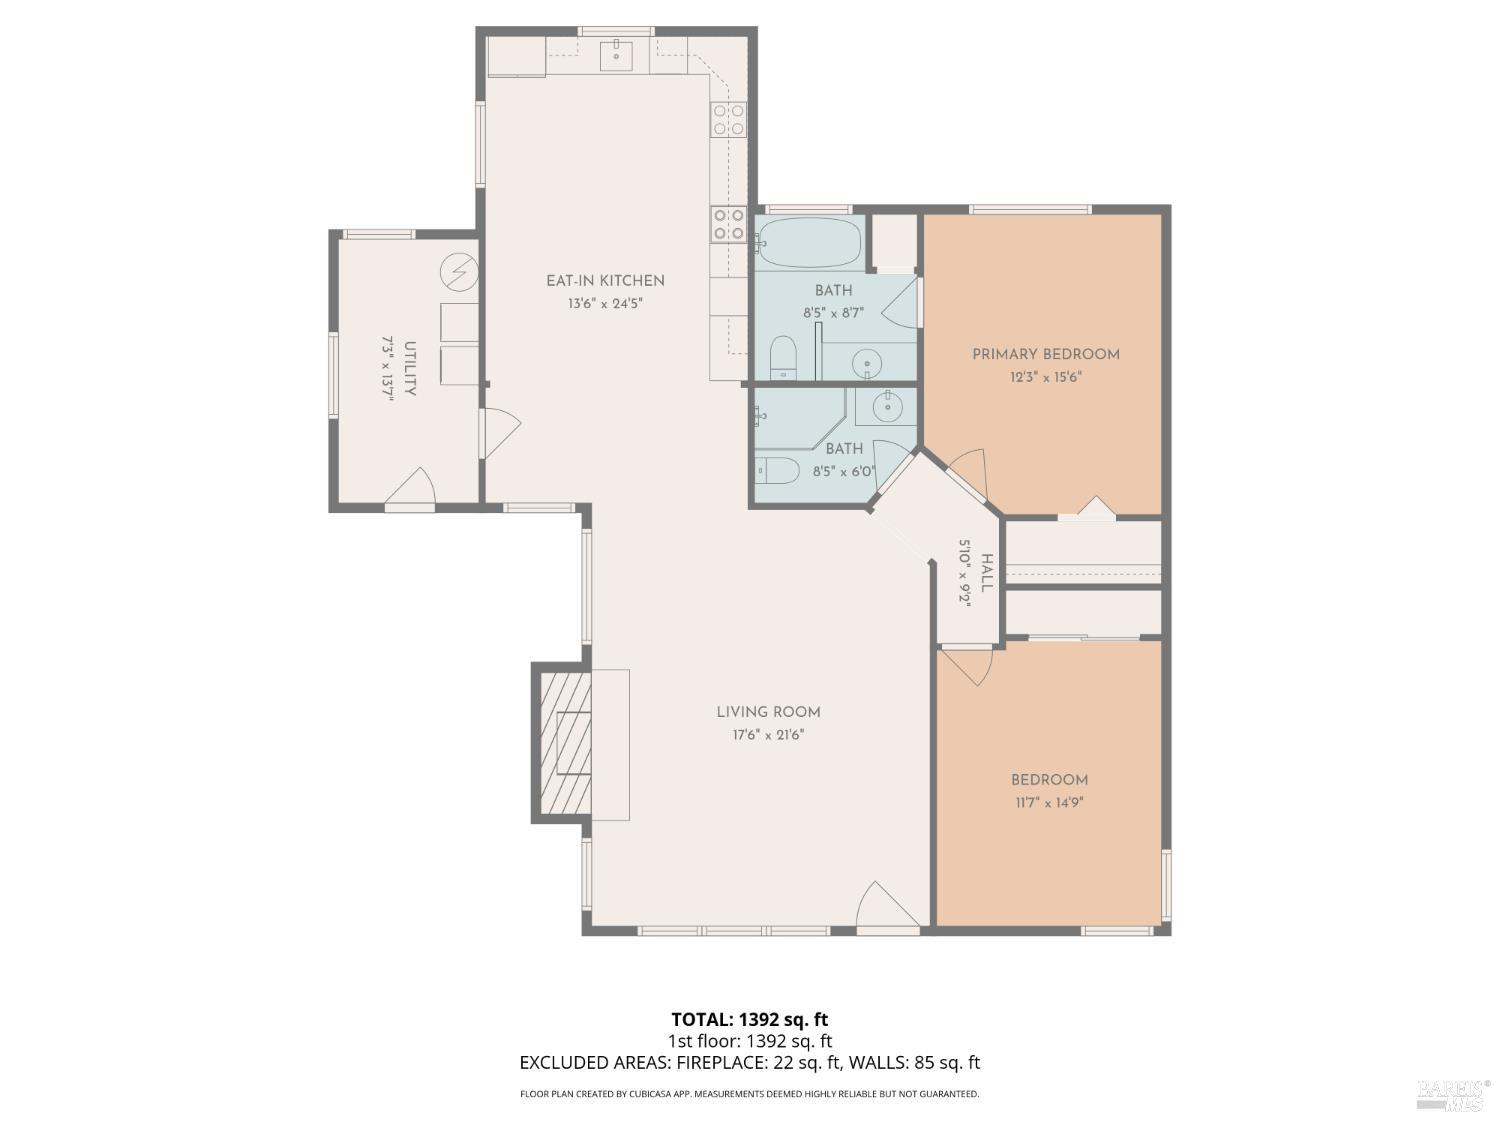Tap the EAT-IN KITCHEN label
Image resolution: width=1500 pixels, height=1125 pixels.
point(605,281)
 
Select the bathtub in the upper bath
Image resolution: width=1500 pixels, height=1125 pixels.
point(809,241)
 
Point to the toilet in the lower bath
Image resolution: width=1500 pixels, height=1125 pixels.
point(776,470)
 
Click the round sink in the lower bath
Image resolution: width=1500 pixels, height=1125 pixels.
point(886,407)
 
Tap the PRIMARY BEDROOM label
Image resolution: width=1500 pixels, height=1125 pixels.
point(1046,354)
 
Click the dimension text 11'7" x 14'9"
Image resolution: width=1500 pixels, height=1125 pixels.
point(1048,802)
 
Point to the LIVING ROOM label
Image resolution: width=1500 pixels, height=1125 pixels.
point(768,712)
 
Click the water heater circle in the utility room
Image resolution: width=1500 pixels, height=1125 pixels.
point(460,271)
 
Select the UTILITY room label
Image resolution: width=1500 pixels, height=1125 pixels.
point(410,369)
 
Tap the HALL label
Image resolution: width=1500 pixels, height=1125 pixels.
point(987,573)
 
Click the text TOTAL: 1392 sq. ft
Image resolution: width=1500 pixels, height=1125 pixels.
point(749,1020)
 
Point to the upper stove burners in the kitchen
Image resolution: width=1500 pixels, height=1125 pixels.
point(728,120)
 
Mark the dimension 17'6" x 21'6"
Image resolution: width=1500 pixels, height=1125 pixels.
point(768,735)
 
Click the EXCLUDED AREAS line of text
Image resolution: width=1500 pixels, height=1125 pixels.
point(749,1063)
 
